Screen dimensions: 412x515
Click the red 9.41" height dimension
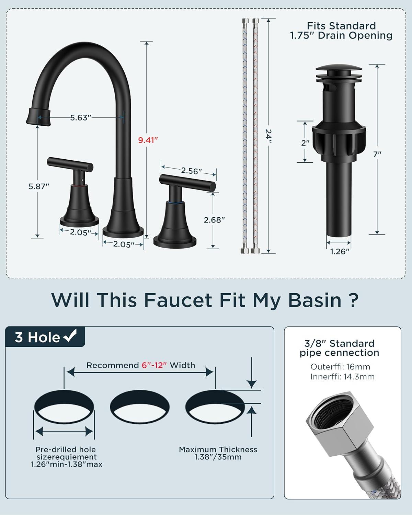148,140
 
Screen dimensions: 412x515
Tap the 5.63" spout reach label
81,118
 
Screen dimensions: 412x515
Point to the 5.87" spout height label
39,186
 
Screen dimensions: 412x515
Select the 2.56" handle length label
191,171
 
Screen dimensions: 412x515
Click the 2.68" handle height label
214,220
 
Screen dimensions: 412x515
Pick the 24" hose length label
268,136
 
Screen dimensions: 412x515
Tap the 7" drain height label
377,154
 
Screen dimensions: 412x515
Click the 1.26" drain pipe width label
340,252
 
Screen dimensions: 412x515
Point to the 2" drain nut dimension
305,143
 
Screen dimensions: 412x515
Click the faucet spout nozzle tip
38,116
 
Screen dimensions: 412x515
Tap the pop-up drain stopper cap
339,68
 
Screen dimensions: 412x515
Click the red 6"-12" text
154,365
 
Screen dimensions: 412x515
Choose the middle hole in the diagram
140,407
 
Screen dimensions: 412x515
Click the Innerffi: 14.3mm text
342,377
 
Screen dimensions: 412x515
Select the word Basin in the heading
315,300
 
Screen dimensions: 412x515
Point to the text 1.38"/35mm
218,457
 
